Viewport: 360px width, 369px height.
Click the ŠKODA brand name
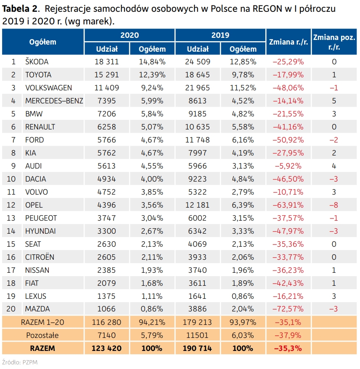[37, 62]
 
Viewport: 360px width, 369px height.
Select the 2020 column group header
[130, 35]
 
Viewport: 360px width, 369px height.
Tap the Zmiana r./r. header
[289, 42]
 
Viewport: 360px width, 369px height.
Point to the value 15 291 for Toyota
[107, 75]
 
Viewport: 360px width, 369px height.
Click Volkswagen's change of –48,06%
[288, 88]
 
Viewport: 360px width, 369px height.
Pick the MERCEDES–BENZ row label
[54, 101]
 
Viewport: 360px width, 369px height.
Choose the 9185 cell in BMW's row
[197, 114]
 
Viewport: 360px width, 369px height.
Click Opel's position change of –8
[334, 205]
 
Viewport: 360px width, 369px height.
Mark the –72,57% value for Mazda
[288, 309]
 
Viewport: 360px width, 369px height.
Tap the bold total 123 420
[106, 348]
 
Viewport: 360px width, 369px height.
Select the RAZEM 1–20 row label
[42, 322]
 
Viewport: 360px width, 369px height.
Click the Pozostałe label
[42, 335]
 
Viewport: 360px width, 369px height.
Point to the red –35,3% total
[288, 348]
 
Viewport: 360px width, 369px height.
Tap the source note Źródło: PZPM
[20, 362]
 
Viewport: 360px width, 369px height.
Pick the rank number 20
[11, 309]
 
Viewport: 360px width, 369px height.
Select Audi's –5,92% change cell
[288, 166]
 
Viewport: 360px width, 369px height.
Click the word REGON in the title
[267, 9]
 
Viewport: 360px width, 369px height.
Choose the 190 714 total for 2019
[197, 348]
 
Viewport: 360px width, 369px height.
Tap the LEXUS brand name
[36, 296]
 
